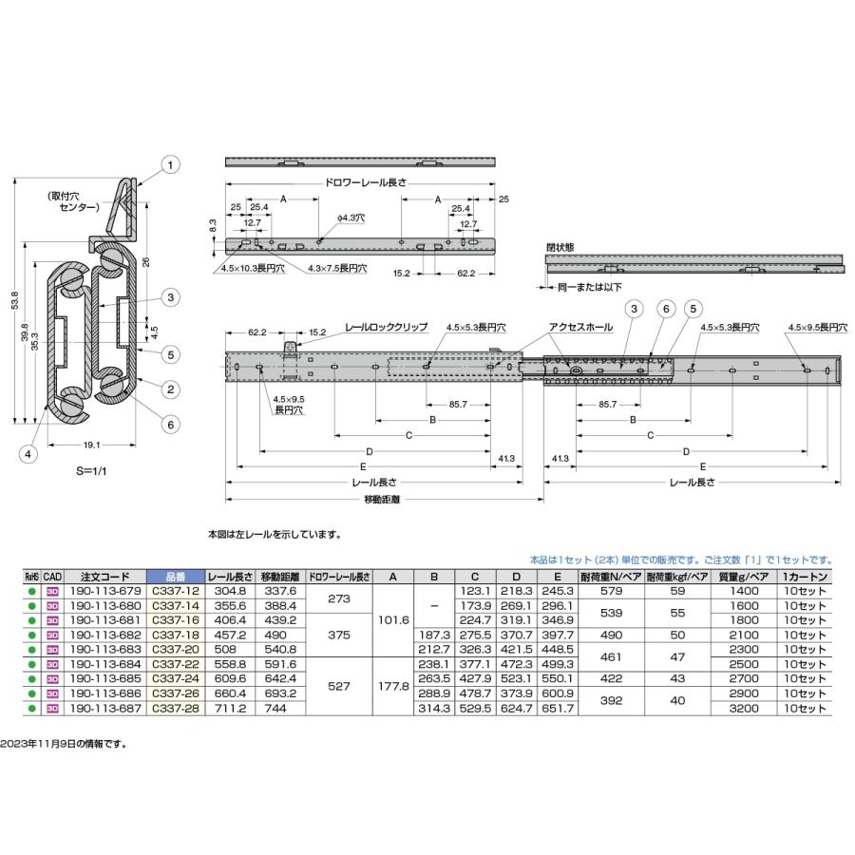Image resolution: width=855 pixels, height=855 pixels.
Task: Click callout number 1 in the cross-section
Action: tap(169, 164)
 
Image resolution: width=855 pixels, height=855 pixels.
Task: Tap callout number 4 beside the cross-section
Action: tap(29, 455)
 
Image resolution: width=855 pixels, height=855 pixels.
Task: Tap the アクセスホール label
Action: tap(579, 325)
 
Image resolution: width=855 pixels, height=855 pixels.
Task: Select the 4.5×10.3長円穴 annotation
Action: tap(250, 270)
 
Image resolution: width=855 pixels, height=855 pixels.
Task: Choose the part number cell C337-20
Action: tap(174, 651)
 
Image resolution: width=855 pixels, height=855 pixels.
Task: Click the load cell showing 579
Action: tap(611, 590)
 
